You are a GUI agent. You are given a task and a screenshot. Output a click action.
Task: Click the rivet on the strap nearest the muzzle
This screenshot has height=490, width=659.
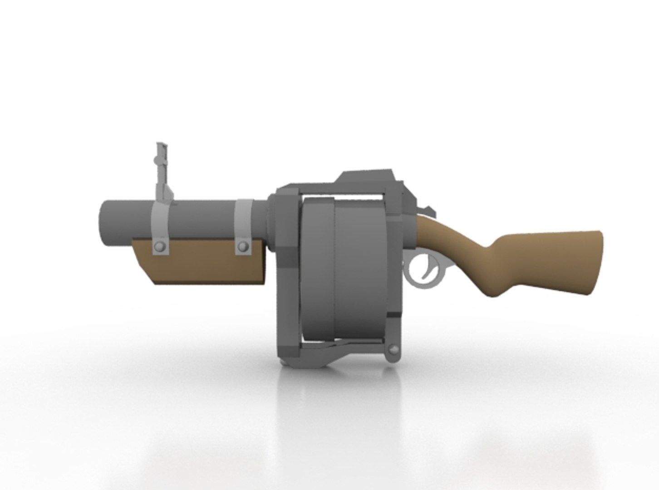(159, 246)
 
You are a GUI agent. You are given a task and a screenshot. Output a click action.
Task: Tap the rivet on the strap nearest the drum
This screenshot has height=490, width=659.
(243, 246)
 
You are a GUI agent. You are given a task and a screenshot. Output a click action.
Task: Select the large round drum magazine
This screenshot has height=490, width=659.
(345, 268)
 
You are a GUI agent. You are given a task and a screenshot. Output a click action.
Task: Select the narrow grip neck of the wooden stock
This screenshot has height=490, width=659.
(472, 263)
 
